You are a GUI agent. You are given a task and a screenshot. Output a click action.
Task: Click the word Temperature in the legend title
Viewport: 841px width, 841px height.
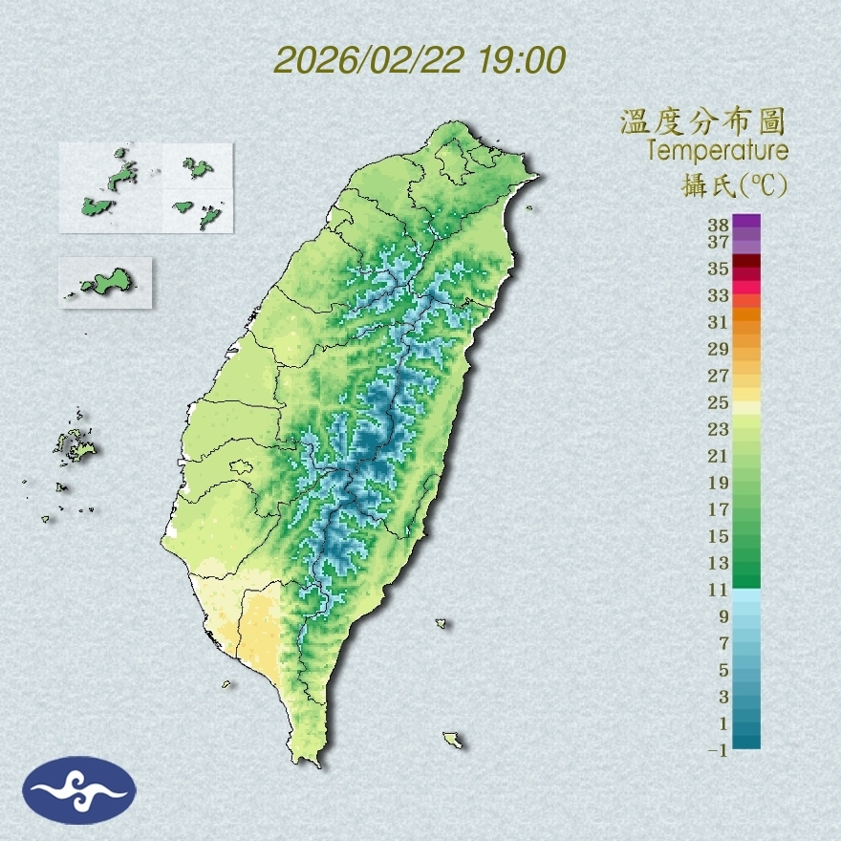[717, 151]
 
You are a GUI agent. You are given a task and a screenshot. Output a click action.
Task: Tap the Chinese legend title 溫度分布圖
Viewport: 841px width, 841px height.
[703, 121]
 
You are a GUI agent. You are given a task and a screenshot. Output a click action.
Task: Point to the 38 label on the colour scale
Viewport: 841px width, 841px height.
[718, 226]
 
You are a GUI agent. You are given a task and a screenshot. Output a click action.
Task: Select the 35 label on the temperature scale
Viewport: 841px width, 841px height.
[718, 269]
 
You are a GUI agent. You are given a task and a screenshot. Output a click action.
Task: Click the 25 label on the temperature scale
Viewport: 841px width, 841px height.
[718, 402]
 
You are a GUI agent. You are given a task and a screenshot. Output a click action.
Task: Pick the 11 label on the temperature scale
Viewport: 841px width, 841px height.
[718, 590]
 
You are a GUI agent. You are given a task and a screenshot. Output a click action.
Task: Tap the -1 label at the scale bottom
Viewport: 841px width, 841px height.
[716, 751]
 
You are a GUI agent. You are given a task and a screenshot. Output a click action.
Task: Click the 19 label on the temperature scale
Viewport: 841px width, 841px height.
[718, 483]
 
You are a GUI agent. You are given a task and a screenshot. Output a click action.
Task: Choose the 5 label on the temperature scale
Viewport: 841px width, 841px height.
[722, 670]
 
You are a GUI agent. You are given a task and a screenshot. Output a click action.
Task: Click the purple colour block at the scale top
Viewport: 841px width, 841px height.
[746, 221]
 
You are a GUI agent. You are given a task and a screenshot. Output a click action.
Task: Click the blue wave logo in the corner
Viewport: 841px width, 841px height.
[80, 789]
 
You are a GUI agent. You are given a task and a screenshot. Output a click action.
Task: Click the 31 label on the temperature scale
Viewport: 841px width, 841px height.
[718, 322]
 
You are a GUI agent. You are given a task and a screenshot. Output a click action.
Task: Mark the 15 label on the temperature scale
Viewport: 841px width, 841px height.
[718, 536]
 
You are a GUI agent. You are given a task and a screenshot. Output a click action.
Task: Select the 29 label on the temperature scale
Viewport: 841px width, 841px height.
[718, 349]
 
